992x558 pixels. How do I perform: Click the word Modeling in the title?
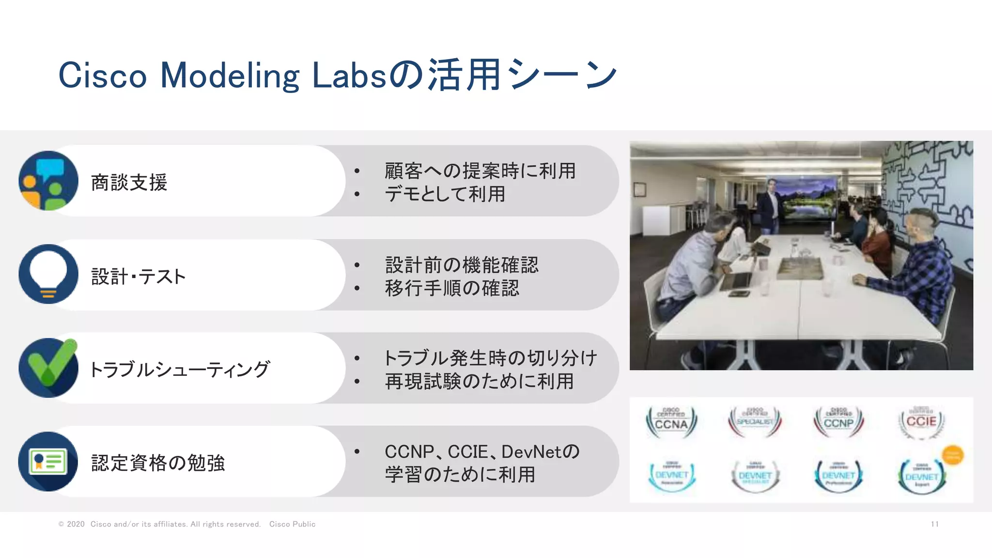point(230,76)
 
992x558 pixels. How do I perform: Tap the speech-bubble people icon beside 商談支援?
point(48,181)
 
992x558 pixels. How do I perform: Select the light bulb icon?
point(48,274)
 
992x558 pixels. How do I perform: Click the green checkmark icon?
point(48,368)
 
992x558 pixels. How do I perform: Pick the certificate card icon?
point(48,461)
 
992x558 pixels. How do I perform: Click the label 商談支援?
point(129,183)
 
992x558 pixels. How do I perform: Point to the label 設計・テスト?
point(139,277)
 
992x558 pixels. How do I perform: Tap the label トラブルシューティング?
point(179,370)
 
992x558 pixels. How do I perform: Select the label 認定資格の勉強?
point(158,463)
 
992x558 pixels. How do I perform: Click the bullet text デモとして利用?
point(445,194)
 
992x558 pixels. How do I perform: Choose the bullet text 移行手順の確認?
point(452,288)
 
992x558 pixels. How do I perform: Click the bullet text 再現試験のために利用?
point(479,381)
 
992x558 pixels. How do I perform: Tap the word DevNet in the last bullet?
point(532,452)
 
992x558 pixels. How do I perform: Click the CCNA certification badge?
point(671,422)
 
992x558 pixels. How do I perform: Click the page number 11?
point(934,524)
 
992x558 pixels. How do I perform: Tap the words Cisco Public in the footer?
point(292,524)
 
